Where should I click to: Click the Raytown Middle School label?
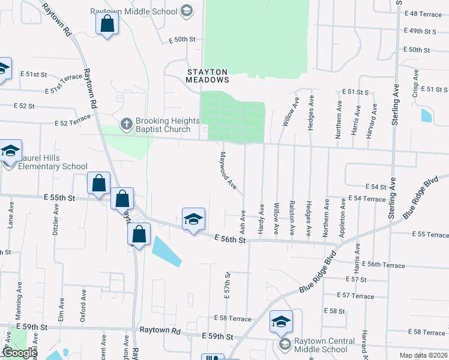point(134,11)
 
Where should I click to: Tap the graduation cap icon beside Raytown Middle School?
point(186,11)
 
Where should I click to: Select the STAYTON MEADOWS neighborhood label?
point(207,76)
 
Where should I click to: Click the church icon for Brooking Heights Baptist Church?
point(126,124)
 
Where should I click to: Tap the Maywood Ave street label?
point(228,171)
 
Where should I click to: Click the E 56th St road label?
point(231,239)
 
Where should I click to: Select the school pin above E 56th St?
point(194,220)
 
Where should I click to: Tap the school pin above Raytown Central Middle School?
point(281,322)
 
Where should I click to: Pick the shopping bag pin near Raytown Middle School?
point(107,25)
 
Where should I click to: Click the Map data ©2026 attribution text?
point(424,355)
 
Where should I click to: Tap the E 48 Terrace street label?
point(423,13)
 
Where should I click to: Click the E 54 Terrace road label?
point(366,199)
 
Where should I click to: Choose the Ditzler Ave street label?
point(55,221)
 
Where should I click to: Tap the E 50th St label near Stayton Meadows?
point(182,39)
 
